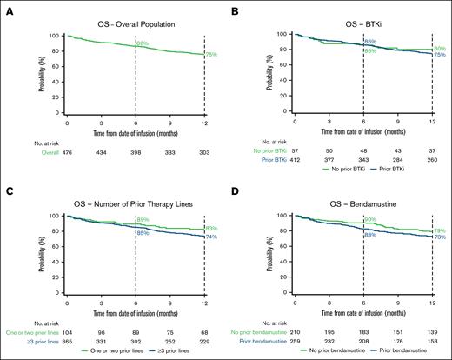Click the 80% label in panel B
click(440, 49)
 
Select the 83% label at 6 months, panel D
click(370, 235)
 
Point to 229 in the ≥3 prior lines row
click(205, 341)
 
